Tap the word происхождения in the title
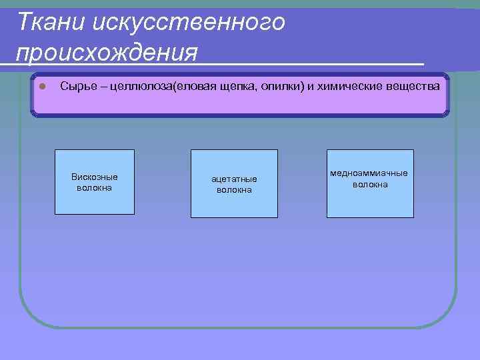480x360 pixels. pyautogui.click(x=107, y=52)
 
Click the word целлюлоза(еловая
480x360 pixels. pyautogui.click(x=143, y=87)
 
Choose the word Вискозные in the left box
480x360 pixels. pyautogui.click(x=94, y=177)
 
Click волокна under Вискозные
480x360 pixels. pyautogui.click(x=94, y=187)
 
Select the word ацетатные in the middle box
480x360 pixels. pyautogui.click(x=234, y=179)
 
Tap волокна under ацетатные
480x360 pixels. pyautogui.click(x=234, y=190)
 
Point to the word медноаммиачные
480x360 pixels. pyautogui.click(x=369, y=173)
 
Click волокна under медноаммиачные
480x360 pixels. pyautogui.click(x=370, y=184)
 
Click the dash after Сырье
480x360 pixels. pyautogui.click(x=95, y=87)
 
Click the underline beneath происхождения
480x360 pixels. pyautogui.click(x=267, y=63)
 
